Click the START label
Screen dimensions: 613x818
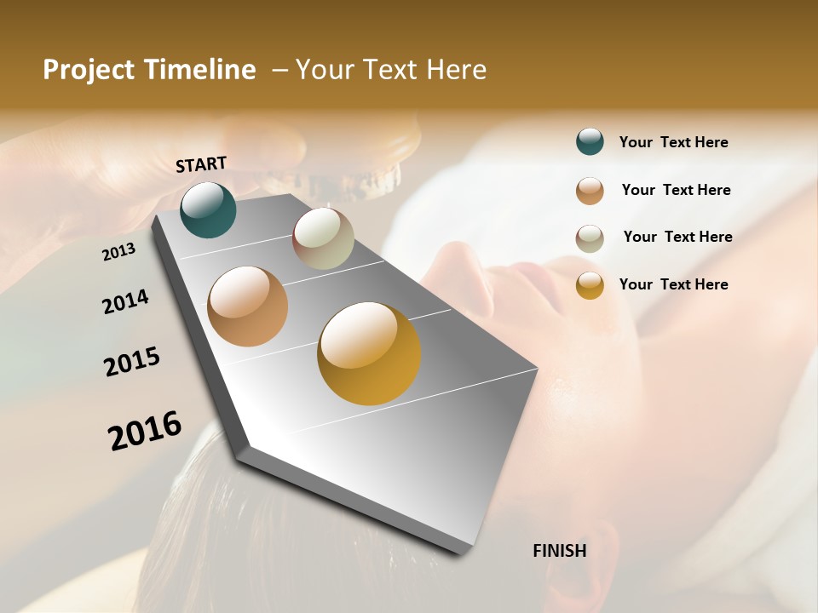tap(201, 164)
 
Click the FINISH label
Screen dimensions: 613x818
tap(560, 551)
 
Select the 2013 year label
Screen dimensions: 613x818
tap(119, 252)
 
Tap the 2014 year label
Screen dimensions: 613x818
tap(125, 301)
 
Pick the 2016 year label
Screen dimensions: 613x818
tap(145, 430)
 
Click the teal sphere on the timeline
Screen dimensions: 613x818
tap(208, 209)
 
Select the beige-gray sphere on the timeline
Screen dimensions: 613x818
tap(323, 238)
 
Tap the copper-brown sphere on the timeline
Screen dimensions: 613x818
tap(248, 306)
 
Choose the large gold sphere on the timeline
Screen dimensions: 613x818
tap(369, 353)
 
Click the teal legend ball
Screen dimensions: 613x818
tap(590, 141)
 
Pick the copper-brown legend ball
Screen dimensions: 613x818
tap(590, 191)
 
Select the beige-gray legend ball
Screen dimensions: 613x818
tap(590, 238)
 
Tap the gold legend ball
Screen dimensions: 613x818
tap(590, 285)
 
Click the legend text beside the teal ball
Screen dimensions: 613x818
tap(673, 142)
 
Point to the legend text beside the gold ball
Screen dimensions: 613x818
tap(673, 284)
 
